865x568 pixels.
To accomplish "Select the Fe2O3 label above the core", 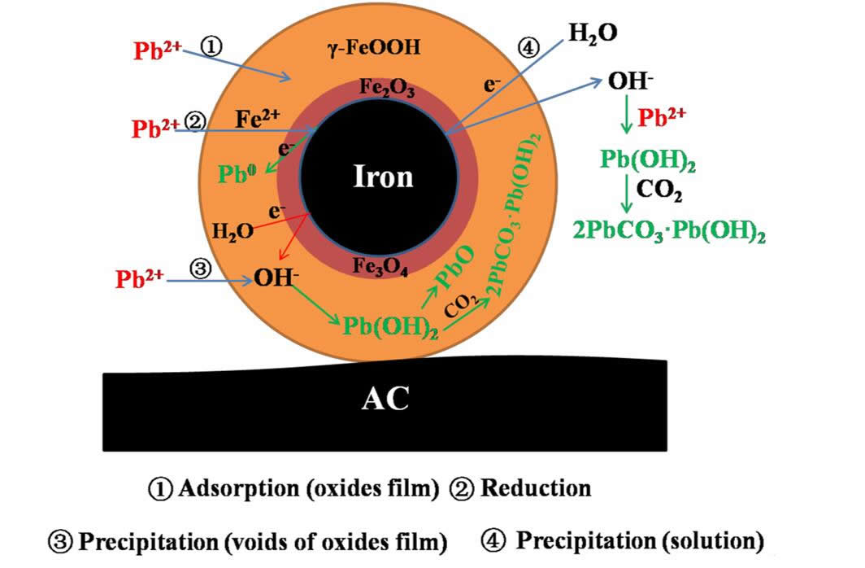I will coord(387,90).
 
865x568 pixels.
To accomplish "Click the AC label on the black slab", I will coord(385,399).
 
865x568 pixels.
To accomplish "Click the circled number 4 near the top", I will coord(527,48).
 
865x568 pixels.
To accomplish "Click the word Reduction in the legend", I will coord(536,489).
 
